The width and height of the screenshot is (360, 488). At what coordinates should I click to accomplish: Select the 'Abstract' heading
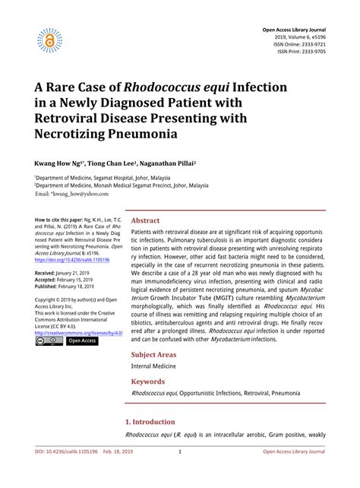tap(146, 220)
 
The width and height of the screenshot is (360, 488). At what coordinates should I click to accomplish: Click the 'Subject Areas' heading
tap(155, 354)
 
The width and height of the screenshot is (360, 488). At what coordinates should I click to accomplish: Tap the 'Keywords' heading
tap(148, 381)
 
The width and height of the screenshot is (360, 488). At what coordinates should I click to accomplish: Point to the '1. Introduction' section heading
tap(150, 420)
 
